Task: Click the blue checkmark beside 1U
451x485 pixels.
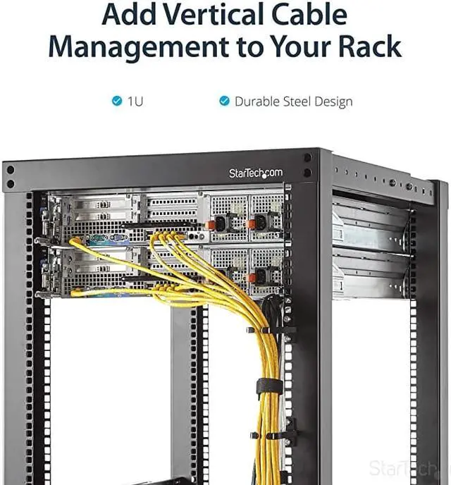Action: (117, 101)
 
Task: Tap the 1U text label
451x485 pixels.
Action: (135, 101)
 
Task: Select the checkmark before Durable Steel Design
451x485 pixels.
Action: (224, 101)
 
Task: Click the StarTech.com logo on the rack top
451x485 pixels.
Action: (255, 173)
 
